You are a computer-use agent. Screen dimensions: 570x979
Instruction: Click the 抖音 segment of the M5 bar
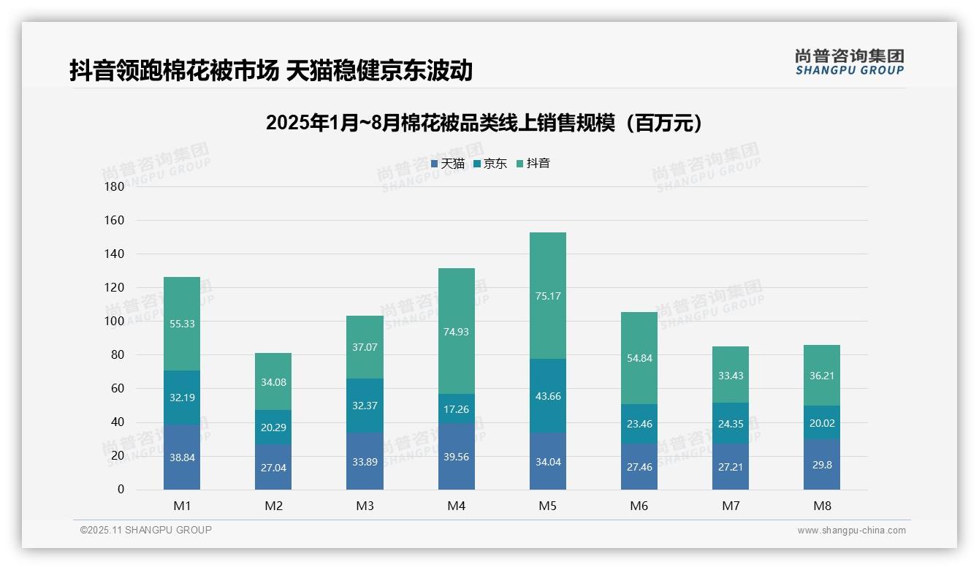[x=547, y=295]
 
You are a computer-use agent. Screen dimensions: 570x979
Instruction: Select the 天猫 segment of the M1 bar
[x=182, y=457]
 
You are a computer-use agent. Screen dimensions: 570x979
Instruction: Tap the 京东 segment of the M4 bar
[x=456, y=408]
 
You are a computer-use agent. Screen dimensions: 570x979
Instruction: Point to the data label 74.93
[x=456, y=331]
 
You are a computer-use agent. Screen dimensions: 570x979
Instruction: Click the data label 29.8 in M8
[x=822, y=464]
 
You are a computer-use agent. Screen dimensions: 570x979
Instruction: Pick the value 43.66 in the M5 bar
[x=547, y=396]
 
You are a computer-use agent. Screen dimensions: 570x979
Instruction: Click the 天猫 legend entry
[x=447, y=164]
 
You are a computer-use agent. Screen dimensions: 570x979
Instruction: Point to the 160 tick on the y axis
[x=115, y=220]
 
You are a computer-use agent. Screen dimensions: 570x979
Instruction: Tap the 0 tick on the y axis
[x=121, y=490]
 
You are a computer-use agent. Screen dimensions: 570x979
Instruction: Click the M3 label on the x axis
[x=365, y=506]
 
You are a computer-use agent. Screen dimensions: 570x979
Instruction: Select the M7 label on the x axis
[x=731, y=506]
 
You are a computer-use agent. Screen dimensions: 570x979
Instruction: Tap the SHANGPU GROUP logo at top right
[x=849, y=62]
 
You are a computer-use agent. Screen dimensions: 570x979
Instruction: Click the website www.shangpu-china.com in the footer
[x=851, y=531]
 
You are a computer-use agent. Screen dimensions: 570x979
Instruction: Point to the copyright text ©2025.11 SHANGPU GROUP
[x=146, y=531]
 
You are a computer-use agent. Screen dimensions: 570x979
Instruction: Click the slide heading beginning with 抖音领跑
[x=271, y=70]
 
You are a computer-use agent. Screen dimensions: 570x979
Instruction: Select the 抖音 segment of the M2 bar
[x=273, y=381]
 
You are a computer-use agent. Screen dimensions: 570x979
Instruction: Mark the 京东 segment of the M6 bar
[x=639, y=423]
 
